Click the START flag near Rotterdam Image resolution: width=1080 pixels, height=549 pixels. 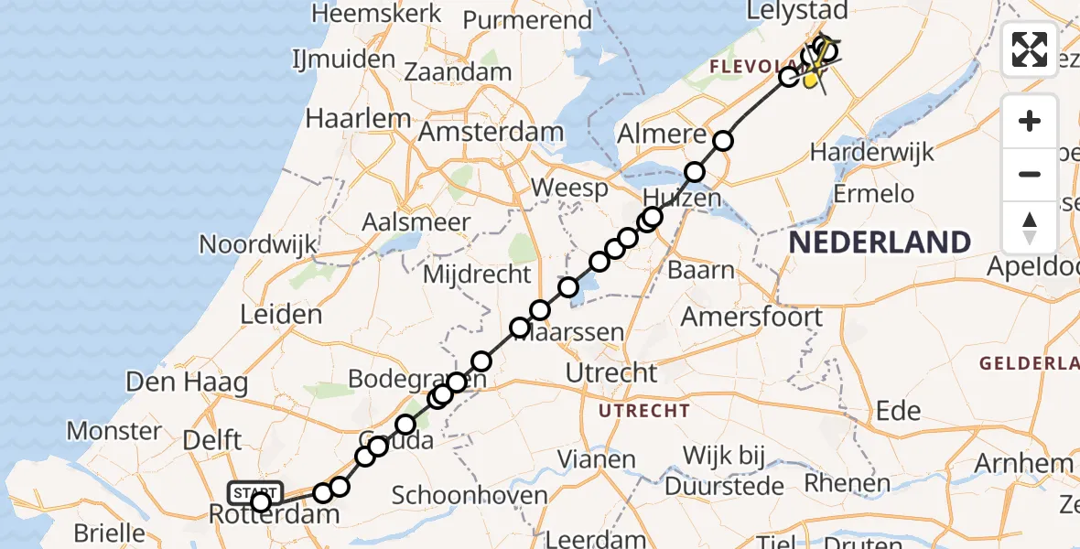[255, 492]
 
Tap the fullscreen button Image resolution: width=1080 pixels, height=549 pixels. [1030, 49]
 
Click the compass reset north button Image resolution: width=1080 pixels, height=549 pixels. [1030, 227]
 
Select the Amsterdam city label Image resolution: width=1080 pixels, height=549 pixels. [491, 132]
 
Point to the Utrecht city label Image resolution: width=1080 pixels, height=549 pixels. [611, 373]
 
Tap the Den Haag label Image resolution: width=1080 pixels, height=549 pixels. [187, 382]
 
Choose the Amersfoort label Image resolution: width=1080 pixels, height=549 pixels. [751, 317]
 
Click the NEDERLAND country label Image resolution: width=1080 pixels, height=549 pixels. [880, 242]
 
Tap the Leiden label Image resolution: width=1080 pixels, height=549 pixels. [281, 315]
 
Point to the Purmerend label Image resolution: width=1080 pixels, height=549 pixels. [527, 20]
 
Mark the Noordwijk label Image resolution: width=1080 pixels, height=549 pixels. [258, 244]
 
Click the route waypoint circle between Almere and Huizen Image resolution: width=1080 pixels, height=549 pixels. [695, 171]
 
